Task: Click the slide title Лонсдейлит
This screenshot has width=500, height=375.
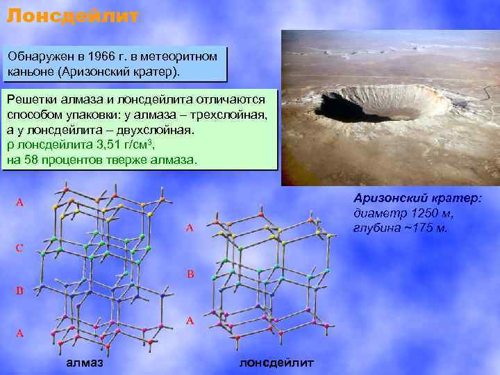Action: click(x=73, y=15)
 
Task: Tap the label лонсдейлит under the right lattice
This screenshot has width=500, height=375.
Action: click(x=276, y=362)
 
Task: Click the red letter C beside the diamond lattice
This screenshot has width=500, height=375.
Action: click(x=20, y=248)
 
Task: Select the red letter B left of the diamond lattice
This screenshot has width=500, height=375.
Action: click(x=20, y=291)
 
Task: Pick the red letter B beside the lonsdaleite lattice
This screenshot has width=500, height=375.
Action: click(x=190, y=274)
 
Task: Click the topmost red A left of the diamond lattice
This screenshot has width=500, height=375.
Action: click(x=20, y=203)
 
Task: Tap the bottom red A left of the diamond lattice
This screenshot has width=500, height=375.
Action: click(x=20, y=333)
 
